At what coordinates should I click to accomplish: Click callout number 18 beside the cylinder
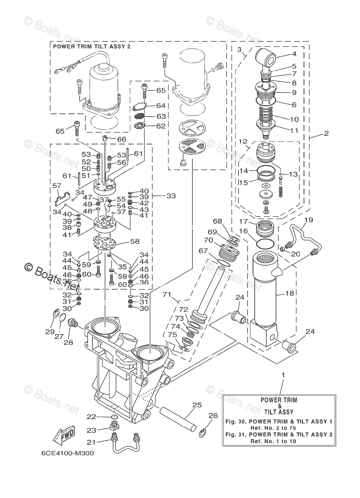click(x=289, y=293)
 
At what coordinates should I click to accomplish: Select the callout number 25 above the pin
click(x=197, y=405)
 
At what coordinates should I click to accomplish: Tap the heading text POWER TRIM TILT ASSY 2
click(x=92, y=46)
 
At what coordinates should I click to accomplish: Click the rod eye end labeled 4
click(x=265, y=58)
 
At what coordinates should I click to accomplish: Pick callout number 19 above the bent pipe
click(x=309, y=220)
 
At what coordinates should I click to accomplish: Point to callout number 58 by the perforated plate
click(x=134, y=241)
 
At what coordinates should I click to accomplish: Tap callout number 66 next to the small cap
click(x=122, y=139)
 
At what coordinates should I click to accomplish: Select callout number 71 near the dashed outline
click(x=167, y=295)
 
